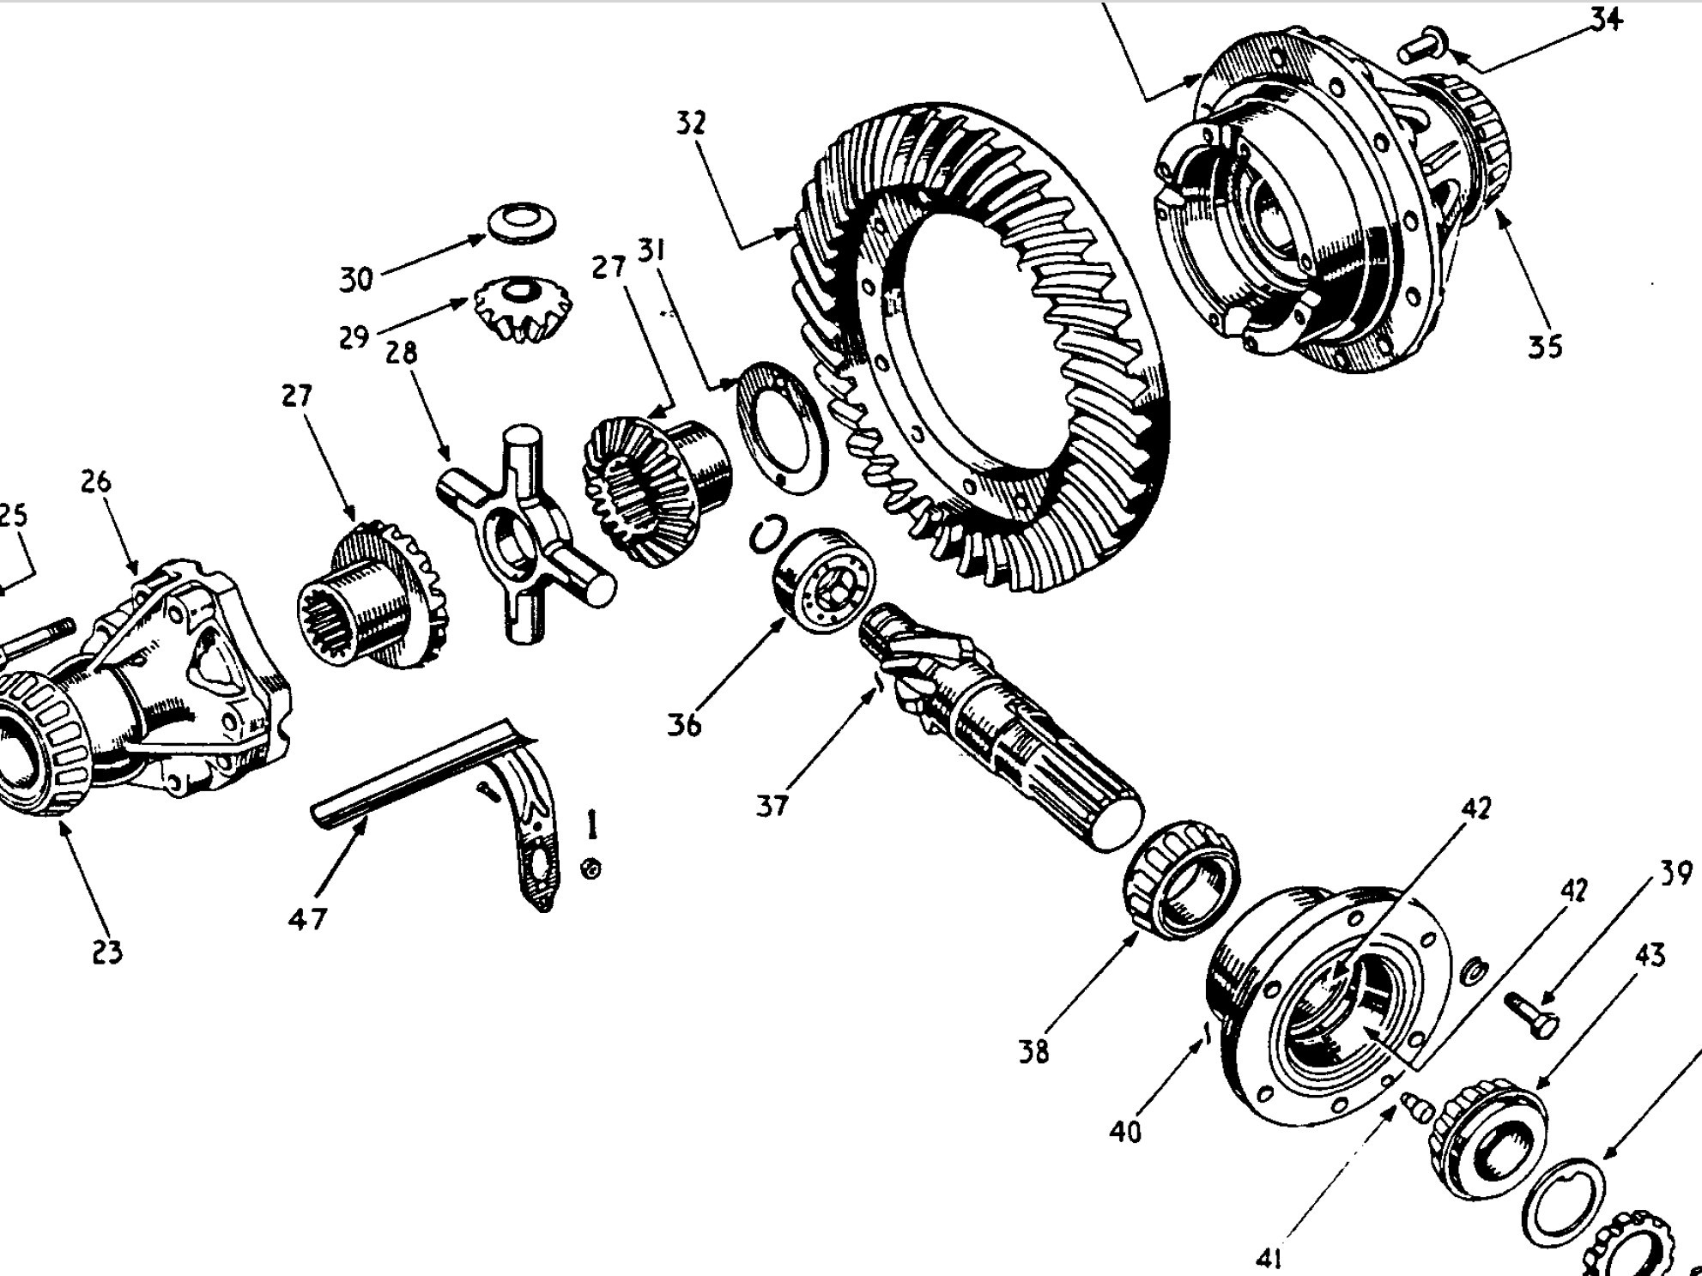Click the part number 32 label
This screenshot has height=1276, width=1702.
point(691,124)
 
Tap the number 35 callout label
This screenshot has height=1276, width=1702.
point(1545,347)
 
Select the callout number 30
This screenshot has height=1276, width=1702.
point(356,280)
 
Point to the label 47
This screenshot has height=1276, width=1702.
point(308,919)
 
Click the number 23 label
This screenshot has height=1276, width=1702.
point(107,952)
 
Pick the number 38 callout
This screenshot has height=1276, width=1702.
point(1033,1052)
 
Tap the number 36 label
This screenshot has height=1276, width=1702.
point(684,726)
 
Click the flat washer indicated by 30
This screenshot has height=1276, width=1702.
point(522,223)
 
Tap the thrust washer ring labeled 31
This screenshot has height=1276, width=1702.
point(783,427)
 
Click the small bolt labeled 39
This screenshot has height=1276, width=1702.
point(1533,1016)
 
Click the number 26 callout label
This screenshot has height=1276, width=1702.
point(96,481)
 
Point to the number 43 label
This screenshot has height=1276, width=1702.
point(1649,955)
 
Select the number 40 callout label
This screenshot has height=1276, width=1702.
point(1125,1133)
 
